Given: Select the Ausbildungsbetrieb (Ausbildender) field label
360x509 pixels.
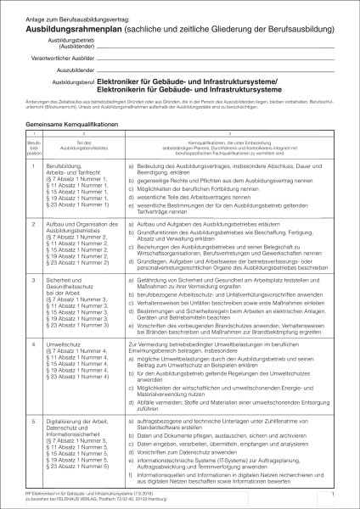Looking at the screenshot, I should click(x=70, y=42).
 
